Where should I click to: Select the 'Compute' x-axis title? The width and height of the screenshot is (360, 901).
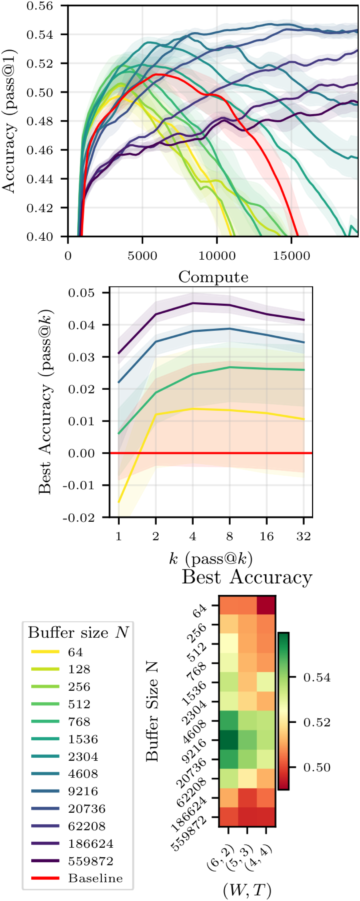(213, 277)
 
